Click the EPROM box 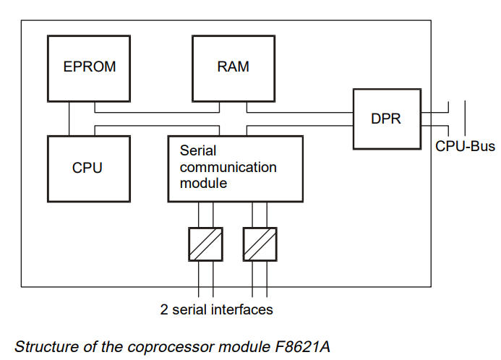tap(90, 67)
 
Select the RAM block tap(233, 67)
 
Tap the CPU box tap(87, 168)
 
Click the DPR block tap(386, 119)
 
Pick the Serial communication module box tap(235, 168)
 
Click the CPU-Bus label tap(465, 147)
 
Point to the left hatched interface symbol tap(205, 244)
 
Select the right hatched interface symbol tap(260, 244)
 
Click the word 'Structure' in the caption tap(42, 346)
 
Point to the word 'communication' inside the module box tap(228, 168)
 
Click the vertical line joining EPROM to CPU tap(69, 119)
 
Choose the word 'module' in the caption tap(236, 346)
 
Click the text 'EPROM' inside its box tap(90, 67)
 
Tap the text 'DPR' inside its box tap(386, 119)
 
